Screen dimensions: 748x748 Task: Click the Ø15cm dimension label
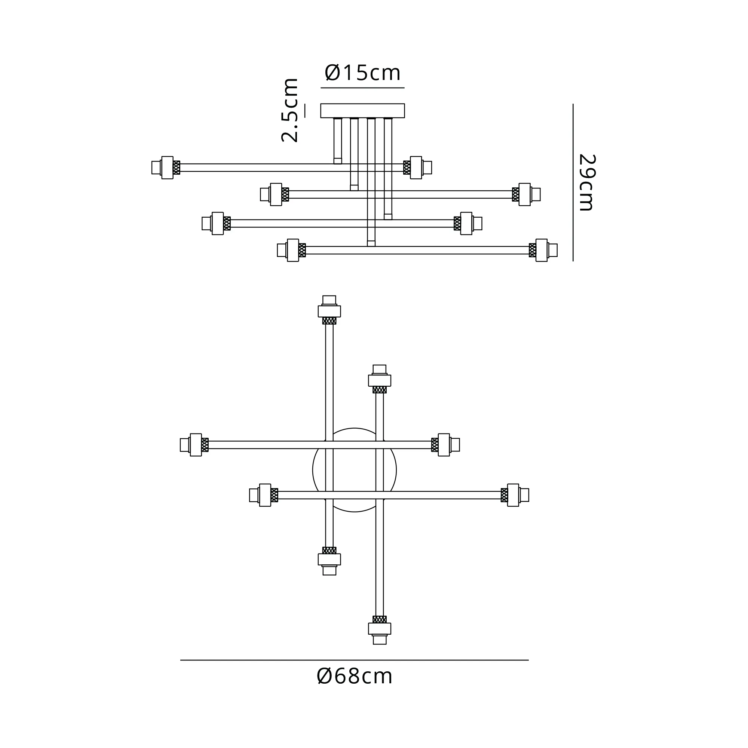363,73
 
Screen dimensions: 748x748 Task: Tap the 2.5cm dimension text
289,110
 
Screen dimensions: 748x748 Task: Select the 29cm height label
587,183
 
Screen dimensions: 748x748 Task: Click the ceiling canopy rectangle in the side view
363,110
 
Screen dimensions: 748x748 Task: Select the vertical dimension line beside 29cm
573,183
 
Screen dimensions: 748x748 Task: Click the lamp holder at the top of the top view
329,310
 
